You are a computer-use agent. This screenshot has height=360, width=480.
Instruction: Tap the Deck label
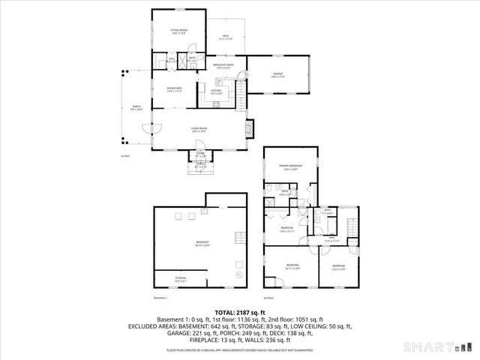coord(224,37)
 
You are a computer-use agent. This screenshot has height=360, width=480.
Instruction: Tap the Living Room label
coord(198,130)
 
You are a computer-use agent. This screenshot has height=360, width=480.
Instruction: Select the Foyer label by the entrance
coord(200,154)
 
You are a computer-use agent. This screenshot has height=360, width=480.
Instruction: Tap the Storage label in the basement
coord(181,279)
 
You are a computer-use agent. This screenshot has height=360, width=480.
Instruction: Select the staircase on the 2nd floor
coord(353,226)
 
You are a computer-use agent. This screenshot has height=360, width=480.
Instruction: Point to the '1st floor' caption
coord(125,156)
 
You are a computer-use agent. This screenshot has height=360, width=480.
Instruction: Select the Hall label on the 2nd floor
coord(334,239)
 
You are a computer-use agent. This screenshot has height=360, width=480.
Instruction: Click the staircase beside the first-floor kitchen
coord(240,94)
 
